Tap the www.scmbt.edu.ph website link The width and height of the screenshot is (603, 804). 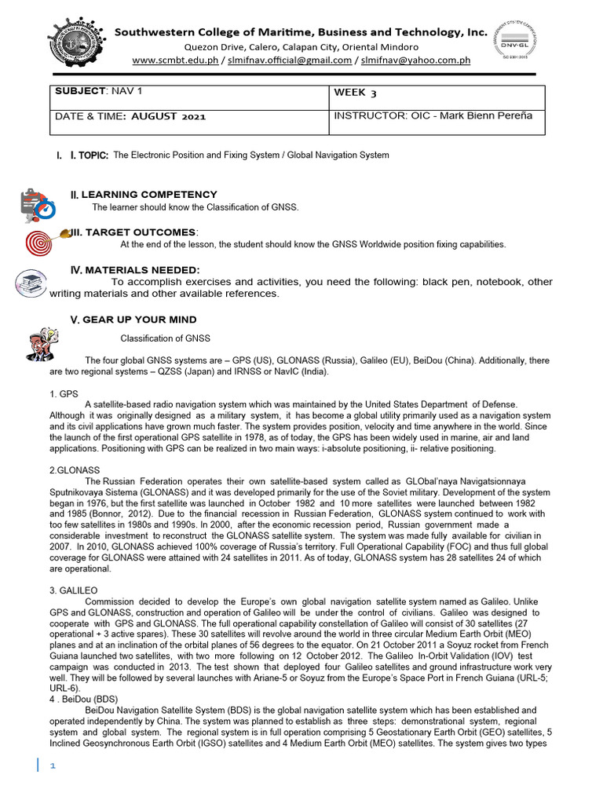pyautogui.click(x=174, y=60)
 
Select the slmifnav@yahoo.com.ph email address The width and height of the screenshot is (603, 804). pyautogui.click(x=415, y=60)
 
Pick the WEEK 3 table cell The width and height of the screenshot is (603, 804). pyautogui.click(x=355, y=93)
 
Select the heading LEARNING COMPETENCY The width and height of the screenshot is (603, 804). pyautogui.click(x=149, y=194)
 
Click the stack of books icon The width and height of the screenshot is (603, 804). pyautogui.click(x=31, y=283)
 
